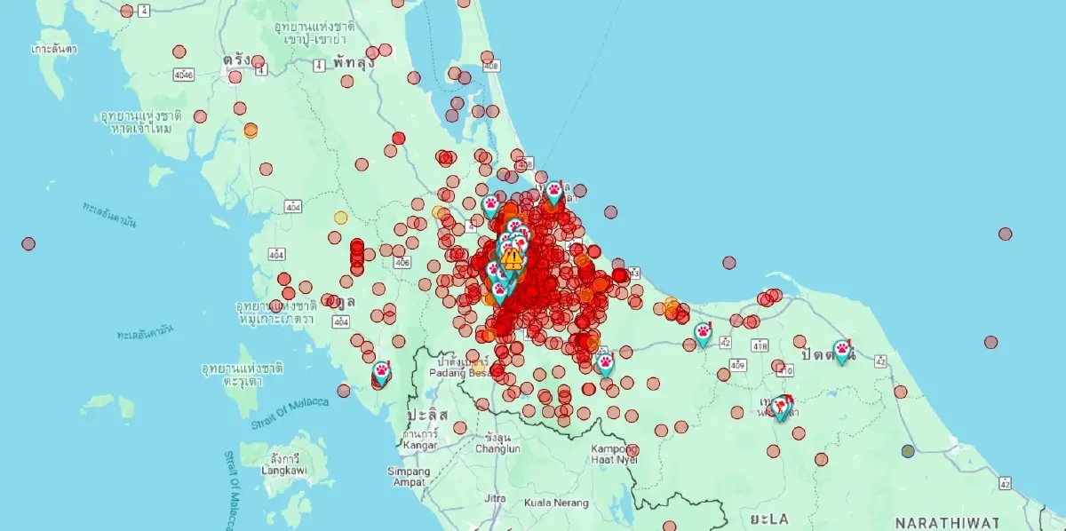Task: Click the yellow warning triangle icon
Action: [x=512, y=258]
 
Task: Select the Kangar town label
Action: [x=419, y=444]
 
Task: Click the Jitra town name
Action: [x=495, y=498]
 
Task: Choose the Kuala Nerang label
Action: [x=556, y=503]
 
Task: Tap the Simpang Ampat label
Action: [x=409, y=476]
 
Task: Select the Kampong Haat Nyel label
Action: [x=614, y=455]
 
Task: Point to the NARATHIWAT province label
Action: [x=946, y=522]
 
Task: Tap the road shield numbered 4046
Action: [x=184, y=75]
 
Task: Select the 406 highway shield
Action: [x=402, y=263]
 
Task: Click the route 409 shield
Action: [x=738, y=365]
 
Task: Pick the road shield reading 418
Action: [x=760, y=345]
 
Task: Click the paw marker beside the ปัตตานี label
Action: [x=841, y=350]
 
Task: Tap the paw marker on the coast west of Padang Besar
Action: [x=381, y=370]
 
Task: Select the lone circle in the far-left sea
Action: [x=28, y=243]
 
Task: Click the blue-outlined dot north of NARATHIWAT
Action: [x=908, y=451]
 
